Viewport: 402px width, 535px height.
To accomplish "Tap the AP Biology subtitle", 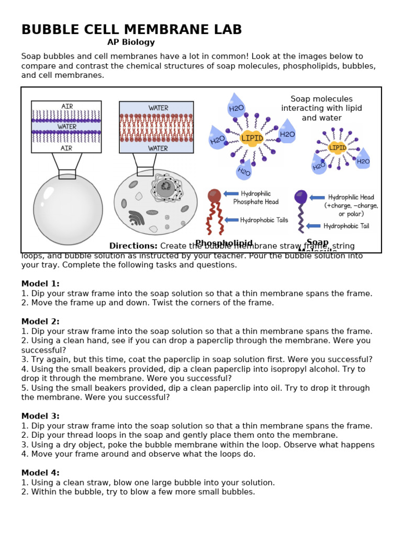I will tap(131, 42).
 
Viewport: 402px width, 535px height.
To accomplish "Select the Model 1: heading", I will tap(40, 284).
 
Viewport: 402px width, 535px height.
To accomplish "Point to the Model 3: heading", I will tap(40, 416).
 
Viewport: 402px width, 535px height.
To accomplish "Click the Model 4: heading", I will tap(40, 473).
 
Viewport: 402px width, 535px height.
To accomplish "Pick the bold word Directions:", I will tap(133, 246).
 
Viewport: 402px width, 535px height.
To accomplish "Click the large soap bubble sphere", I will tap(68, 209).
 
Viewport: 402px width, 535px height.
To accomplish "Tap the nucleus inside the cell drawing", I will tap(165, 187).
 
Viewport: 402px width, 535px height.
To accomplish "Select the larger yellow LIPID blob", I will tap(252, 138).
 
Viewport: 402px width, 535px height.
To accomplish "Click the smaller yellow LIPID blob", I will tap(338, 148).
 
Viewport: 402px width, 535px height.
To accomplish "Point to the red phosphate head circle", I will tap(214, 195).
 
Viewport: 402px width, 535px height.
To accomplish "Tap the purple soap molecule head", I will tap(301, 196).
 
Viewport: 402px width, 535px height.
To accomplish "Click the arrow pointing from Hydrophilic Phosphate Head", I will tap(231, 194).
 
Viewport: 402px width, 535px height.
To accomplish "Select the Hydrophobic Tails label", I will tap(264, 220).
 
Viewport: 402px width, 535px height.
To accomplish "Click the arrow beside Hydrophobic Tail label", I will tap(313, 226).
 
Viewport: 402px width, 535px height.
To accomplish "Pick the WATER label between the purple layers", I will tap(66, 126).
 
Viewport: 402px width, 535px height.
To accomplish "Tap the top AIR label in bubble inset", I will tap(67, 106).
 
